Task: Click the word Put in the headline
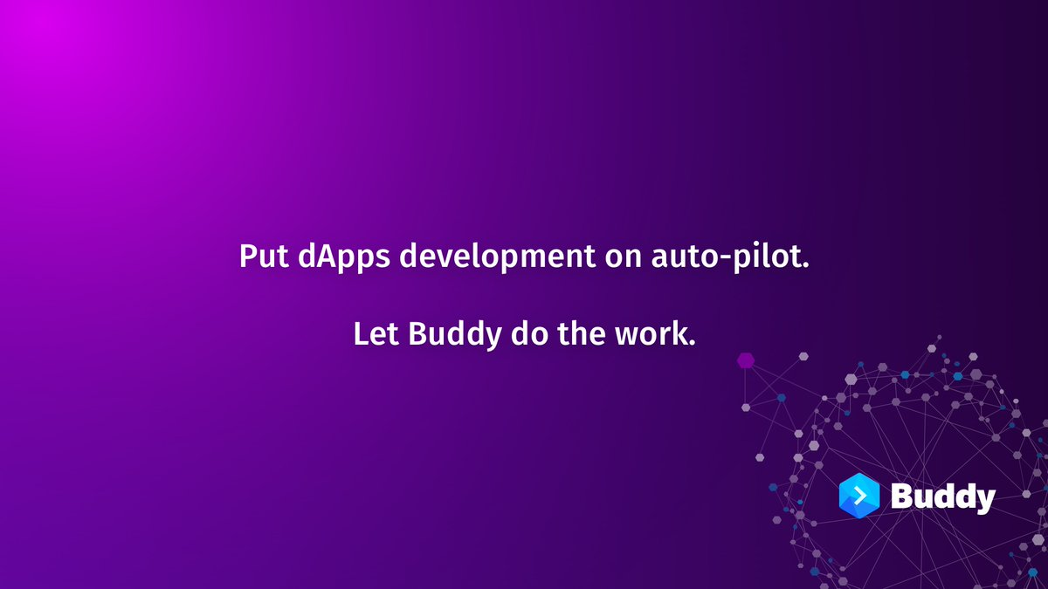(264, 256)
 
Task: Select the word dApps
(343, 257)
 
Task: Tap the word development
(497, 257)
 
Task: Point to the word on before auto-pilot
(623, 259)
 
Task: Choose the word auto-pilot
(729, 257)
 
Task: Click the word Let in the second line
(376, 333)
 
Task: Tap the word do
(529, 333)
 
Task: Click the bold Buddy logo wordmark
(942, 497)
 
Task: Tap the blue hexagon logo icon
(859, 496)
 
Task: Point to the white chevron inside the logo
(860, 496)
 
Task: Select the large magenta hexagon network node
(746, 360)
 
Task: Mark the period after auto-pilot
(805, 265)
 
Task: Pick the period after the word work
(692, 343)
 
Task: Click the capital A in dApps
(331, 256)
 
